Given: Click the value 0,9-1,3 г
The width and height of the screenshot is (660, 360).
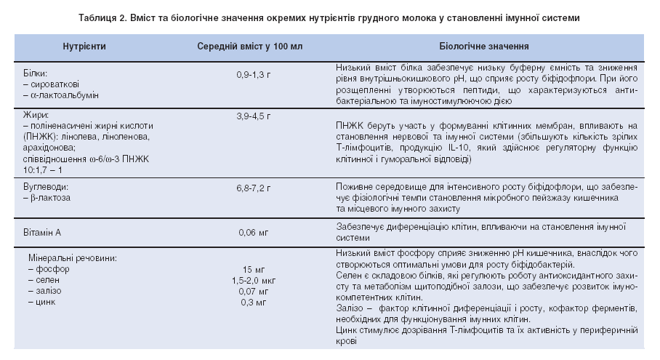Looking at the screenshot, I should (250, 74).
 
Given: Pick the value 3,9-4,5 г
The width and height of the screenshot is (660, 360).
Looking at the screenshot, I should (250, 116).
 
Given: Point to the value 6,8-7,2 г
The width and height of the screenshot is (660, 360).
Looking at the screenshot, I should (250, 187).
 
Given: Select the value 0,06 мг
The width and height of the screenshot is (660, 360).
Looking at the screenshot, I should (250, 233).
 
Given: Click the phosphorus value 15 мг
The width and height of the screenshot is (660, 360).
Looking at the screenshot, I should (250, 268).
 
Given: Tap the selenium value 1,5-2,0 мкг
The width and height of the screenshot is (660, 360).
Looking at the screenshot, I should (250, 279).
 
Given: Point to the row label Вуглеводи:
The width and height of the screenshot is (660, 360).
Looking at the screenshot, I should (45, 187).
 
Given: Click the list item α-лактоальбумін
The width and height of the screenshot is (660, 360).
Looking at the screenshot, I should (60, 95).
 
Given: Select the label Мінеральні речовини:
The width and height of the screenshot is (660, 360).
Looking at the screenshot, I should (73, 258).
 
